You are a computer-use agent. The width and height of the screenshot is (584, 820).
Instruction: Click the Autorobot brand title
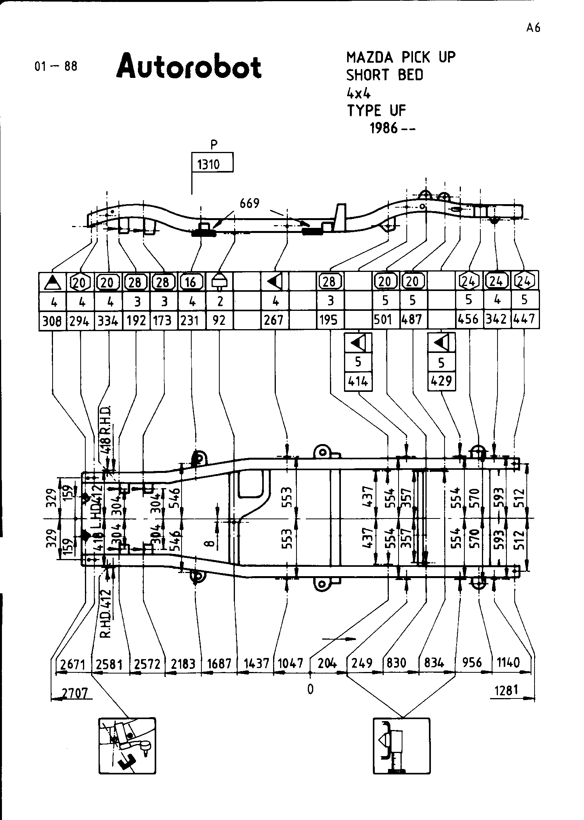tap(189, 67)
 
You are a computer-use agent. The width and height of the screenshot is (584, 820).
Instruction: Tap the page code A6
tap(533, 28)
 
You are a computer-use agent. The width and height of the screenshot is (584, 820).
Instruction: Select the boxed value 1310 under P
tap(209, 164)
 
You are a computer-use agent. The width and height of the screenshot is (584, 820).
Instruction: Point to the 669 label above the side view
tap(249, 203)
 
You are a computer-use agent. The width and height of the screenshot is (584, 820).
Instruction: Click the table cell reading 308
tap(52, 321)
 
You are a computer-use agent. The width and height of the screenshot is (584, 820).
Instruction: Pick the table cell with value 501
tap(383, 320)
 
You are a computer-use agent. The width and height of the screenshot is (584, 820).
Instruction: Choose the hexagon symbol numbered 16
tap(191, 281)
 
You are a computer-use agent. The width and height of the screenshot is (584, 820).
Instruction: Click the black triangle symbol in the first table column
tap(52, 281)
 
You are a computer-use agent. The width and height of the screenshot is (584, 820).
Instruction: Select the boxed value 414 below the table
tap(358, 381)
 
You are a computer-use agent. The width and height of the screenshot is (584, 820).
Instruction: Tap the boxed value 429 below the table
tap(441, 381)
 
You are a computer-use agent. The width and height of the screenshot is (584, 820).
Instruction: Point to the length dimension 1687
tap(219, 663)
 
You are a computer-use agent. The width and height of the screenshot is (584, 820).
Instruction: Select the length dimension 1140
tap(508, 662)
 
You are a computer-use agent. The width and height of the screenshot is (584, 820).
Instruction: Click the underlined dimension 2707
tap(75, 693)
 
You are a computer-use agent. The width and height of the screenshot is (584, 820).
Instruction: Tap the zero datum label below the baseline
tap(310, 690)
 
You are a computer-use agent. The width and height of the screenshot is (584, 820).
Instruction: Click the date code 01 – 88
tap(56, 66)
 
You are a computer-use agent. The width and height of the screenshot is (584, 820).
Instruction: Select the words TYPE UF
tap(376, 111)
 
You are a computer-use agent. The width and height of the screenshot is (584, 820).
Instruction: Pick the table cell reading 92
tap(219, 321)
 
